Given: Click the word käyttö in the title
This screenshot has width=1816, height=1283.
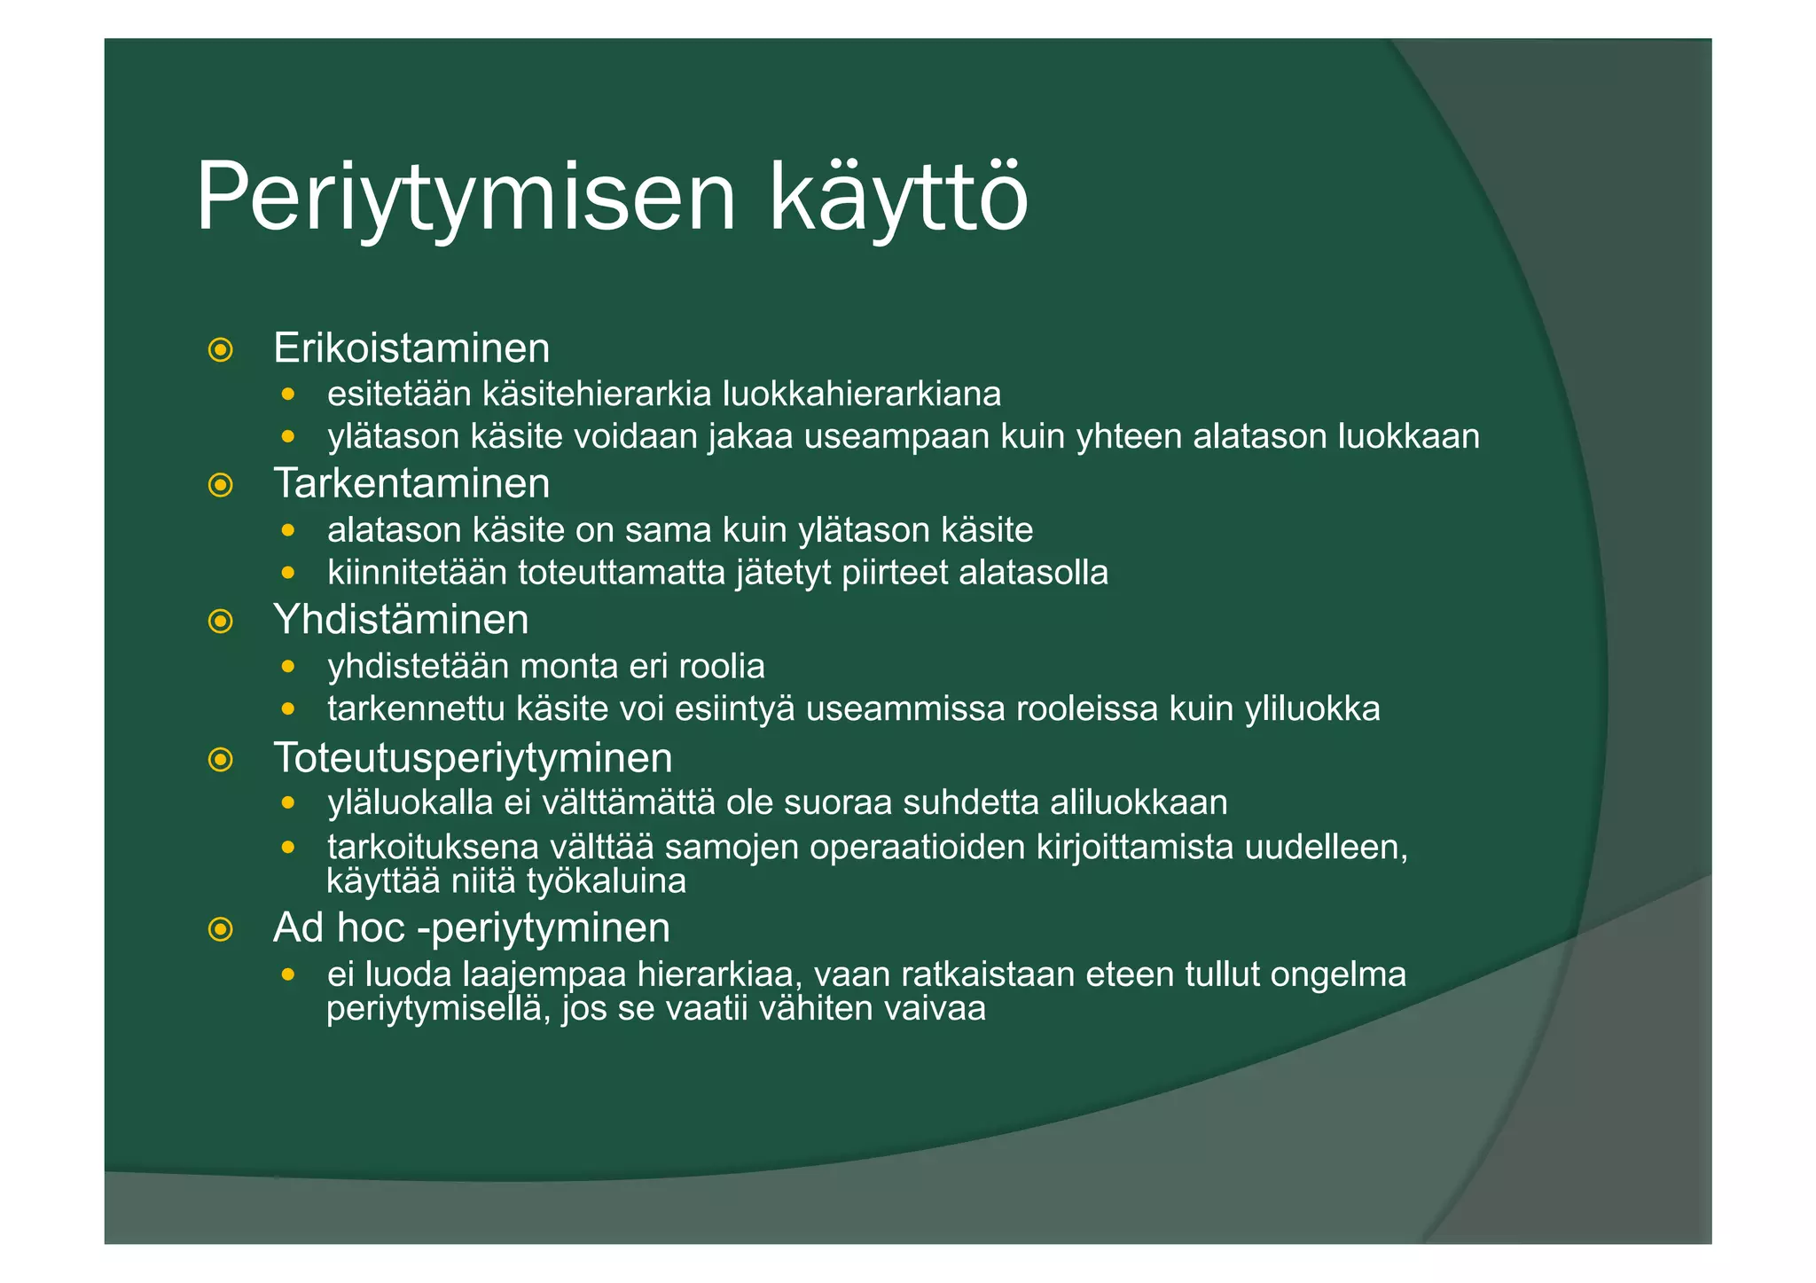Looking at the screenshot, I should coord(898,197).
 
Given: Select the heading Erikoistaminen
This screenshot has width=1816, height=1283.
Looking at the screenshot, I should coord(411,348).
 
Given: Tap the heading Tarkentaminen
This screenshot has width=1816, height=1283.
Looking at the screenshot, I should coord(411,483).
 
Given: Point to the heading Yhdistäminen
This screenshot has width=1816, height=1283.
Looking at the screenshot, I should coord(401,619).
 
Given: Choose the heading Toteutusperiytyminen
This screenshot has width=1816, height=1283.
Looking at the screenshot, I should coord(473,758).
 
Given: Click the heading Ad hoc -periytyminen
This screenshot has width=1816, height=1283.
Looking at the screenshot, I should coord(471,927).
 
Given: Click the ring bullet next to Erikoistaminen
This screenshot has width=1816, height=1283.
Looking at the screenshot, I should coord(220,349).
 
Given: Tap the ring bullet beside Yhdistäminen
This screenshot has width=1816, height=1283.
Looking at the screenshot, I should coord(220,621).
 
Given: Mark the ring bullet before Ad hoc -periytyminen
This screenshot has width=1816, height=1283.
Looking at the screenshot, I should coord(220,929).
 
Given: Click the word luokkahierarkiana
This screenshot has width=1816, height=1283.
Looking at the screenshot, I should coord(861,394).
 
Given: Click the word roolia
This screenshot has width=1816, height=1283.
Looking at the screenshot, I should coord(721,666).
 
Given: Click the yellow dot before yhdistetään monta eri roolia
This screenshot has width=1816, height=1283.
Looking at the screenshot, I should coord(287,665).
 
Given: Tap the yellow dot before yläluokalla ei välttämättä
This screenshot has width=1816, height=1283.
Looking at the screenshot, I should coord(287,802).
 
